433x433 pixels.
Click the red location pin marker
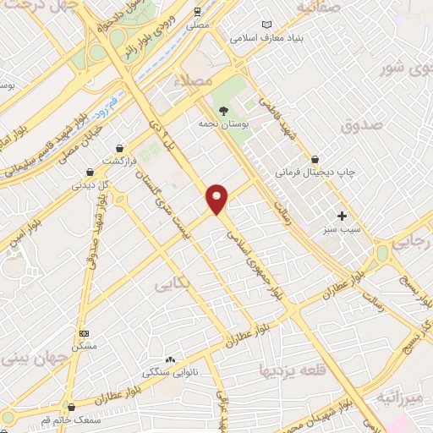pyautogui.click(x=217, y=199)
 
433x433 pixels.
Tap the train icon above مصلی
pyautogui.click(x=198, y=11)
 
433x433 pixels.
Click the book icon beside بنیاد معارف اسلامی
pyautogui.click(x=267, y=25)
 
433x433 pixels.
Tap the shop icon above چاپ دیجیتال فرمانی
pyautogui.click(x=315, y=158)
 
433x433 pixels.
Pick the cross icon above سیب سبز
pyautogui.click(x=342, y=216)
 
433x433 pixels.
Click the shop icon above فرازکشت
pyautogui.click(x=120, y=147)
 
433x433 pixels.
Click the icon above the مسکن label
pyautogui.click(x=83, y=333)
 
